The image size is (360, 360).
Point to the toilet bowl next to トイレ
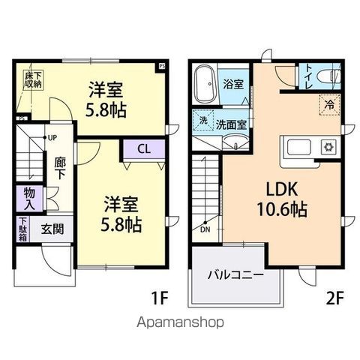coord(333,76)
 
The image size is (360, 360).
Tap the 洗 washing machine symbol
coord(203,121)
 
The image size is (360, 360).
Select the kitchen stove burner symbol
coord(328,147)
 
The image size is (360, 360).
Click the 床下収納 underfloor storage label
coord(31,80)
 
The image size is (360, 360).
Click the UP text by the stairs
coord(52,138)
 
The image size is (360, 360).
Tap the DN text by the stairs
coord(205,230)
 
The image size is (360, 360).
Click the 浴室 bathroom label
coord(233,83)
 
